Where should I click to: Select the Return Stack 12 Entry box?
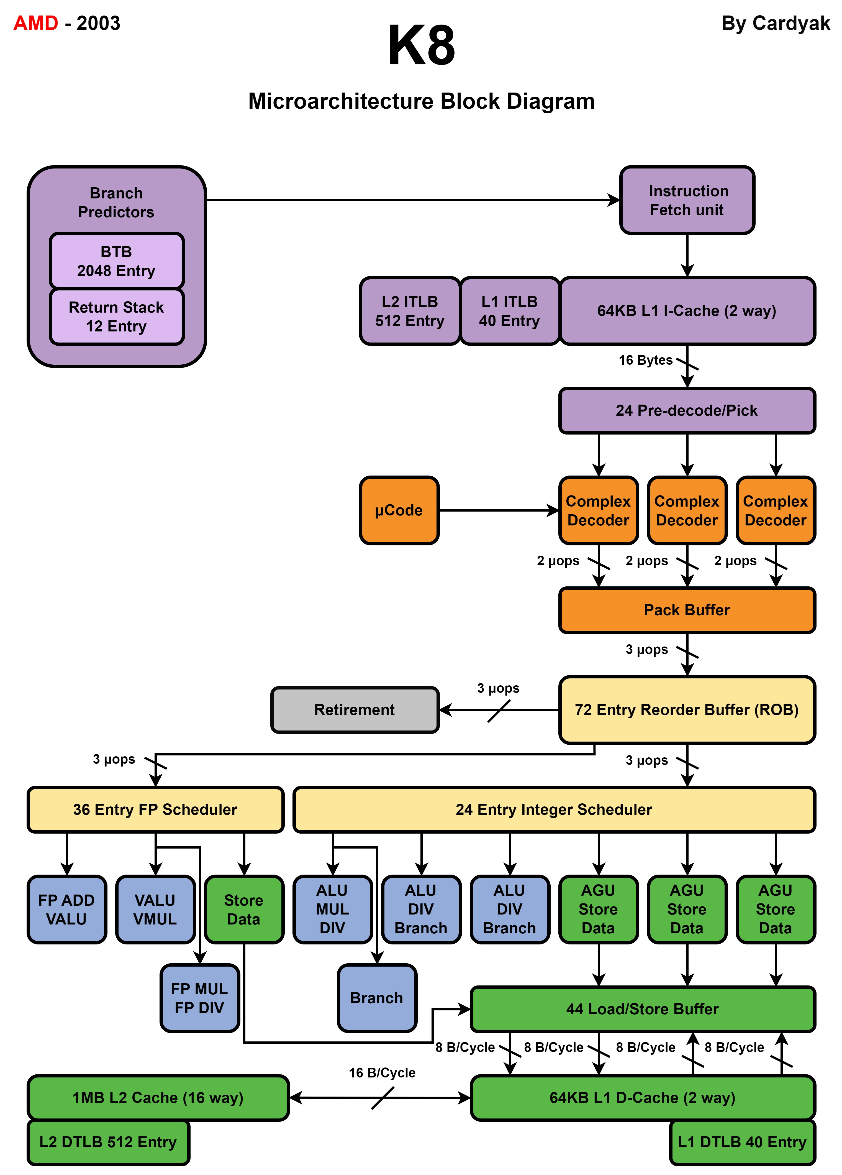(117, 316)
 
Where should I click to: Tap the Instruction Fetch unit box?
(687, 200)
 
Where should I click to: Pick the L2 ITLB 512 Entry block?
(410, 311)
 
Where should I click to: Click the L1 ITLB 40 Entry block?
(510, 311)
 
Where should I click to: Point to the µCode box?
(399, 510)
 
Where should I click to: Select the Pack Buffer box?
(687, 610)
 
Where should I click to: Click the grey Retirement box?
(355, 710)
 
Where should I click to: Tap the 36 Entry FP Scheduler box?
(155, 809)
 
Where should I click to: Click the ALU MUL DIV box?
(332, 909)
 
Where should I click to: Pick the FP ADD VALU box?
(67, 909)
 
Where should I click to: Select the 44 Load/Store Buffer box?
(643, 1009)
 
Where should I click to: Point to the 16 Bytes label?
(645, 360)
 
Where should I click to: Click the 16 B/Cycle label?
(382, 1072)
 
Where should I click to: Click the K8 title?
(422, 46)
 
